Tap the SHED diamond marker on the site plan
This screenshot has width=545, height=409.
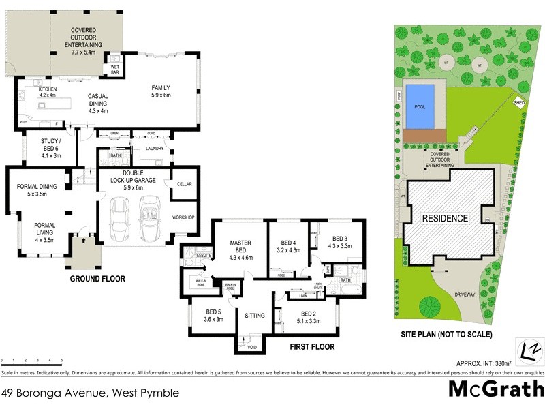tap(519, 103)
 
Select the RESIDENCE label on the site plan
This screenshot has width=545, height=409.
tap(446, 218)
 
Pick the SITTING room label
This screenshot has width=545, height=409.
tap(254, 316)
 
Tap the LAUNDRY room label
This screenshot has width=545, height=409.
tap(155, 146)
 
